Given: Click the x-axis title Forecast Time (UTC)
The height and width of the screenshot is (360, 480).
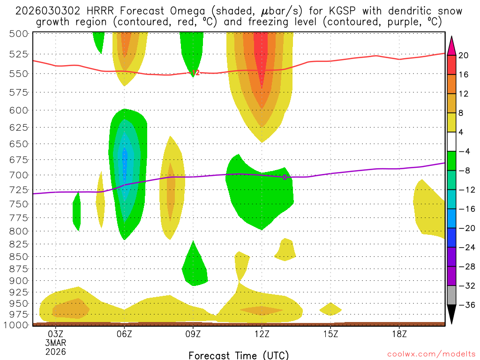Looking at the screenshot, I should [239, 355].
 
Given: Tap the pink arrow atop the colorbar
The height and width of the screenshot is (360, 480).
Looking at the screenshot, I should [452, 45].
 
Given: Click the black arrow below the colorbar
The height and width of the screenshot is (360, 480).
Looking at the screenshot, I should [452, 315].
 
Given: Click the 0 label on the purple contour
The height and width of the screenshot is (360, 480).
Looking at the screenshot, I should [285, 177].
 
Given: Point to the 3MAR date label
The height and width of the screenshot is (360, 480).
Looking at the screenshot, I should [56, 343].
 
